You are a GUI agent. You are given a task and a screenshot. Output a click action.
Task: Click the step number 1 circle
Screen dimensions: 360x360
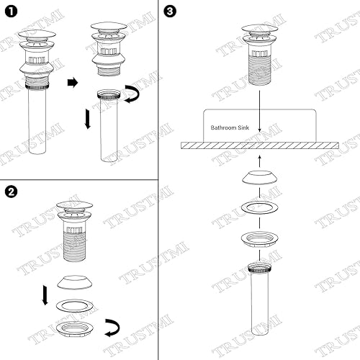click(9, 11)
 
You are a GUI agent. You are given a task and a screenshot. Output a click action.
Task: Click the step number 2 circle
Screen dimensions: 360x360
click(10, 192)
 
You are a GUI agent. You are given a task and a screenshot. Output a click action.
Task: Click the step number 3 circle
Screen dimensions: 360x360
click(168, 12)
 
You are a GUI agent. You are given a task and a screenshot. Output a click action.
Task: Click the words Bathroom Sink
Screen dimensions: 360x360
click(232, 127)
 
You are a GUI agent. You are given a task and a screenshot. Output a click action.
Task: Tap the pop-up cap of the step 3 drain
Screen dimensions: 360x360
click(260, 30)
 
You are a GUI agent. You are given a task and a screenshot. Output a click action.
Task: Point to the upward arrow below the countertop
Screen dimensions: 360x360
click(260, 159)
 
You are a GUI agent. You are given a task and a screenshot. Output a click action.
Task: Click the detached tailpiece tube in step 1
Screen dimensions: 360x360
click(112, 133)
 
